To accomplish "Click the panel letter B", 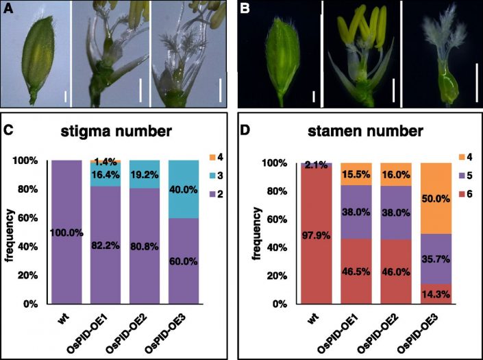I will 247,9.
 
